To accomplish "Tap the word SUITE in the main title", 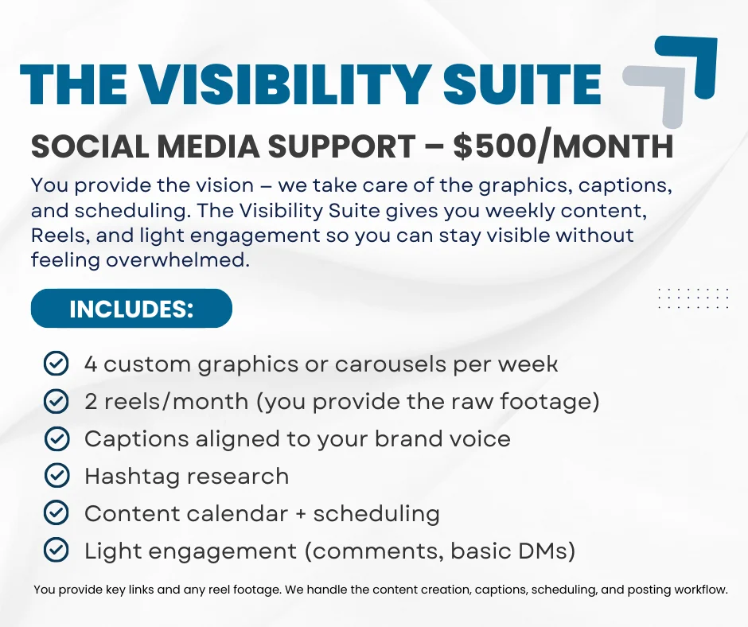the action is coord(522,84).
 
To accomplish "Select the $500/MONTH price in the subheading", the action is coord(563,146).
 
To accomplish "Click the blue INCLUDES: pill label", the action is coord(131,308).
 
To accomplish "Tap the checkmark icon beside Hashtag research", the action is coord(56,475).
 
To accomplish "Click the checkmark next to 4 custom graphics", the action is coord(56,364).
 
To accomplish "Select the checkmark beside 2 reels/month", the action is coord(56,401).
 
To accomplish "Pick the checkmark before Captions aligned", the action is coord(56,438).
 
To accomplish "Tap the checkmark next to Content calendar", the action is coord(56,513).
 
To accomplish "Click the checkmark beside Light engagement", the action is coord(56,550).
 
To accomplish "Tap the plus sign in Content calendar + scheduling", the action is coord(301,514).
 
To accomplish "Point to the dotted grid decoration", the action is coord(693,298).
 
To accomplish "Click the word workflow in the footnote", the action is coord(700,590).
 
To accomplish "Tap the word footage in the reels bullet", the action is coord(546,402).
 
